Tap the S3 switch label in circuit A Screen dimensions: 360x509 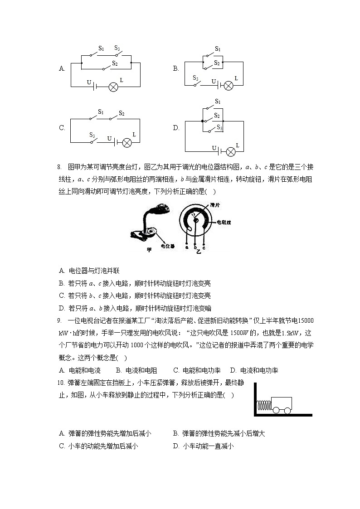click(117, 48)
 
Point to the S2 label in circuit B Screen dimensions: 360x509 click(217, 63)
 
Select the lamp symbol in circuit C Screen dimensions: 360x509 click(127, 142)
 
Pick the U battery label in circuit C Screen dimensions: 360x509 click(109, 138)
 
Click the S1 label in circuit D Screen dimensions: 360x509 click(218, 101)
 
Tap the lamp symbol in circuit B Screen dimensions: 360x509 click(229, 85)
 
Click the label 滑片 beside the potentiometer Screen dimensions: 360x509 click(215, 205)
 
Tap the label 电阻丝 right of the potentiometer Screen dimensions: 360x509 click(224, 223)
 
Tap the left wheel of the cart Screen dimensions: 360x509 click(275, 410)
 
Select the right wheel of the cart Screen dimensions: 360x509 click(287, 410)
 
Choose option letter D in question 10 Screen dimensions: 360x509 click(176, 446)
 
